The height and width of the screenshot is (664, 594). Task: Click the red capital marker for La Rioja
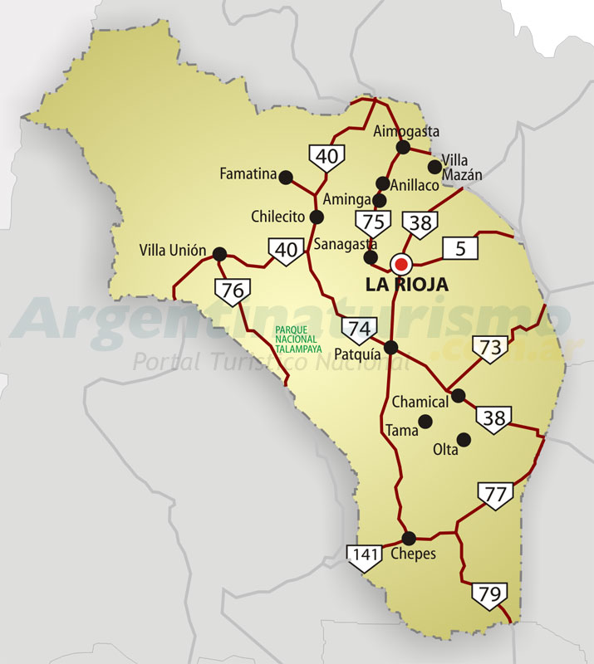[401, 265]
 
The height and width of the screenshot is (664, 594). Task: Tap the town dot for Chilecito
[317, 217]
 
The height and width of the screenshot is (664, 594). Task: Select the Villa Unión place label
[173, 251]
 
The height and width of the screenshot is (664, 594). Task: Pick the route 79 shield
[489, 595]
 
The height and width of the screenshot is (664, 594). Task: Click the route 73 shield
[491, 349]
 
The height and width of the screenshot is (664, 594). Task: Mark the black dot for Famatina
[286, 177]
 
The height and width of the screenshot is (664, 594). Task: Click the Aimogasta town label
[406, 131]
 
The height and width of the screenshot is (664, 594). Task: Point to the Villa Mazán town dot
[434, 166]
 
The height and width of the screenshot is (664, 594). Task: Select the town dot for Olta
[464, 438]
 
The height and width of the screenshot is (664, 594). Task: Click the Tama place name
[401, 431]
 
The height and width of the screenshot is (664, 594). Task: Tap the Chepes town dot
[408, 537]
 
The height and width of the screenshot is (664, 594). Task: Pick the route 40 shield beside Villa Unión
[285, 251]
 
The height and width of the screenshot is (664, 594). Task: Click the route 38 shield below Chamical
[494, 419]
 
